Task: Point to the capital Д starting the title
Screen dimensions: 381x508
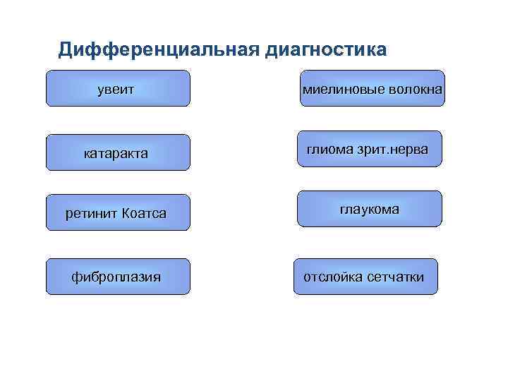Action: [x=66, y=49]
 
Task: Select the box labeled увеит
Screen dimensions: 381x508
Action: [x=118, y=88]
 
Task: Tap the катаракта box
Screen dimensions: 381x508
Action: [x=118, y=152]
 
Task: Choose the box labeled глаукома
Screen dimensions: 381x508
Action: [x=370, y=209]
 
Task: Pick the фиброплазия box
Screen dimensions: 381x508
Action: [x=118, y=277]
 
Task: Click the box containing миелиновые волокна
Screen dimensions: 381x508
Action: [x=373, y=88]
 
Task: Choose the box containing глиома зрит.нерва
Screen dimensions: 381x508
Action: [x=370, y=149]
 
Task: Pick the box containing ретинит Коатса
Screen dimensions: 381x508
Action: [x=118, y=213]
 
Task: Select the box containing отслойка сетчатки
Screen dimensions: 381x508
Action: [x=365, y=277]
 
